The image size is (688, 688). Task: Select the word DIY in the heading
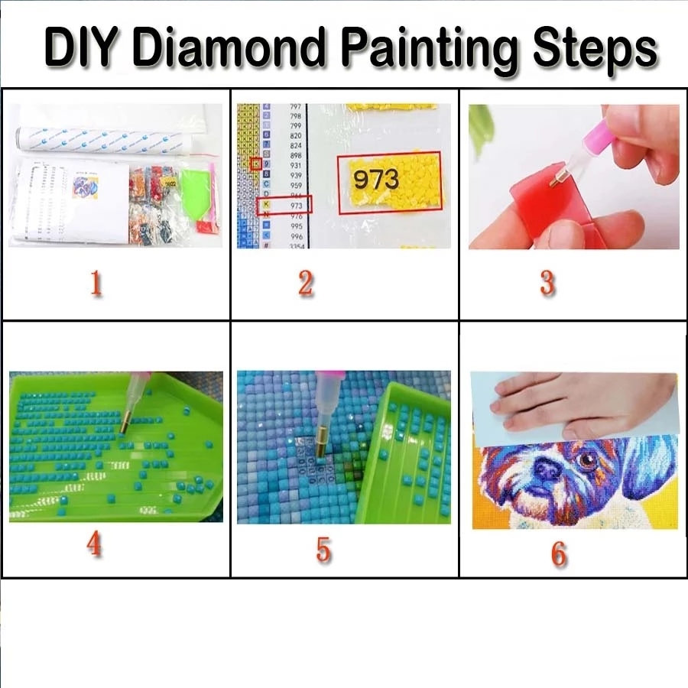(x=86, y=48)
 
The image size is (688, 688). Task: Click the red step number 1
(x=96, y=284)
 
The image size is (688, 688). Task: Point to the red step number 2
(x=306, y=284)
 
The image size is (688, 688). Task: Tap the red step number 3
(x=547, y=284)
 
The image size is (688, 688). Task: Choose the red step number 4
(x=94, y=544)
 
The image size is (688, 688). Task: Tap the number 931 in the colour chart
(x=295, y=166)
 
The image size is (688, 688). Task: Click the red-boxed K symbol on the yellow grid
(x=256, y=164)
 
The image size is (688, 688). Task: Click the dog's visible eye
(x=587, y=461)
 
